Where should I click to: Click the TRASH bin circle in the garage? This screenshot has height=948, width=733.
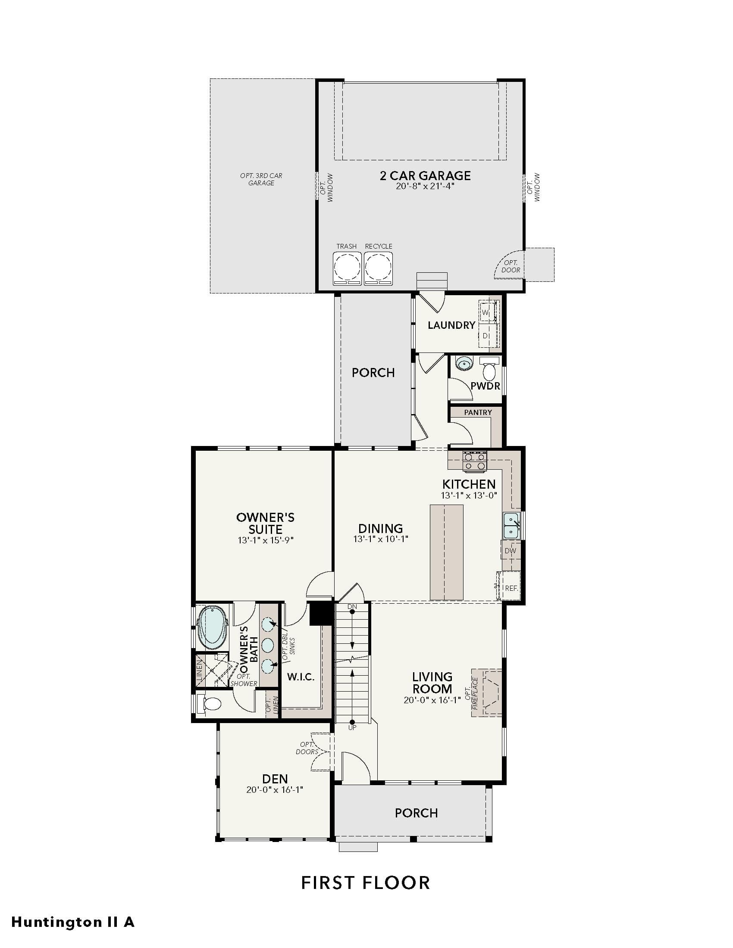pos(347,266)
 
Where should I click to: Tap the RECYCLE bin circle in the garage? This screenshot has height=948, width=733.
pos(378,266)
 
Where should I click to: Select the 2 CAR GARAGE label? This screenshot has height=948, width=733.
pos(425,176)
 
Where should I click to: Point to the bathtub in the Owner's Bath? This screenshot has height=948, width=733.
pos(213,627)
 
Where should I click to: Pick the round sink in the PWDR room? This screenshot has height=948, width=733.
pos(465,363)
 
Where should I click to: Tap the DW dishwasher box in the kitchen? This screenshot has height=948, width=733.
pos(511,551)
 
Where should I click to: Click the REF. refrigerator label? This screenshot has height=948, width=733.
pos(511,589)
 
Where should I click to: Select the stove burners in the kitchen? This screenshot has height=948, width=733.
pos(475,462)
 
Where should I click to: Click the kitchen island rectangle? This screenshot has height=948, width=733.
pos(446,552)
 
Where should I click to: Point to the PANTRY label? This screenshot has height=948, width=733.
pos(478,412)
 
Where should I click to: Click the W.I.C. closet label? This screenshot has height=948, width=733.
pos(301,677)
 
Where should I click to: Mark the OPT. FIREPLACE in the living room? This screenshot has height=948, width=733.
pos(487,692)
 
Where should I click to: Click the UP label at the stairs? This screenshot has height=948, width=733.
pos(352,728)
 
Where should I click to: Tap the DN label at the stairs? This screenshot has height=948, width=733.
pos(352,606)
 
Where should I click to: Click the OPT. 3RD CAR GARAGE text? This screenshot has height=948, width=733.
pos(261,179)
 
